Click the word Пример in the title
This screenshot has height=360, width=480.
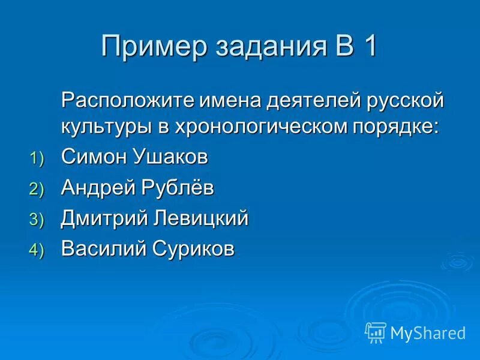(149, 47)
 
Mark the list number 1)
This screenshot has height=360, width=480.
(37, 159)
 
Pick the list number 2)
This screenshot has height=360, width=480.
(37, 190)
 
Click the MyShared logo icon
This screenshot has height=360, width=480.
(376, 332)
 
